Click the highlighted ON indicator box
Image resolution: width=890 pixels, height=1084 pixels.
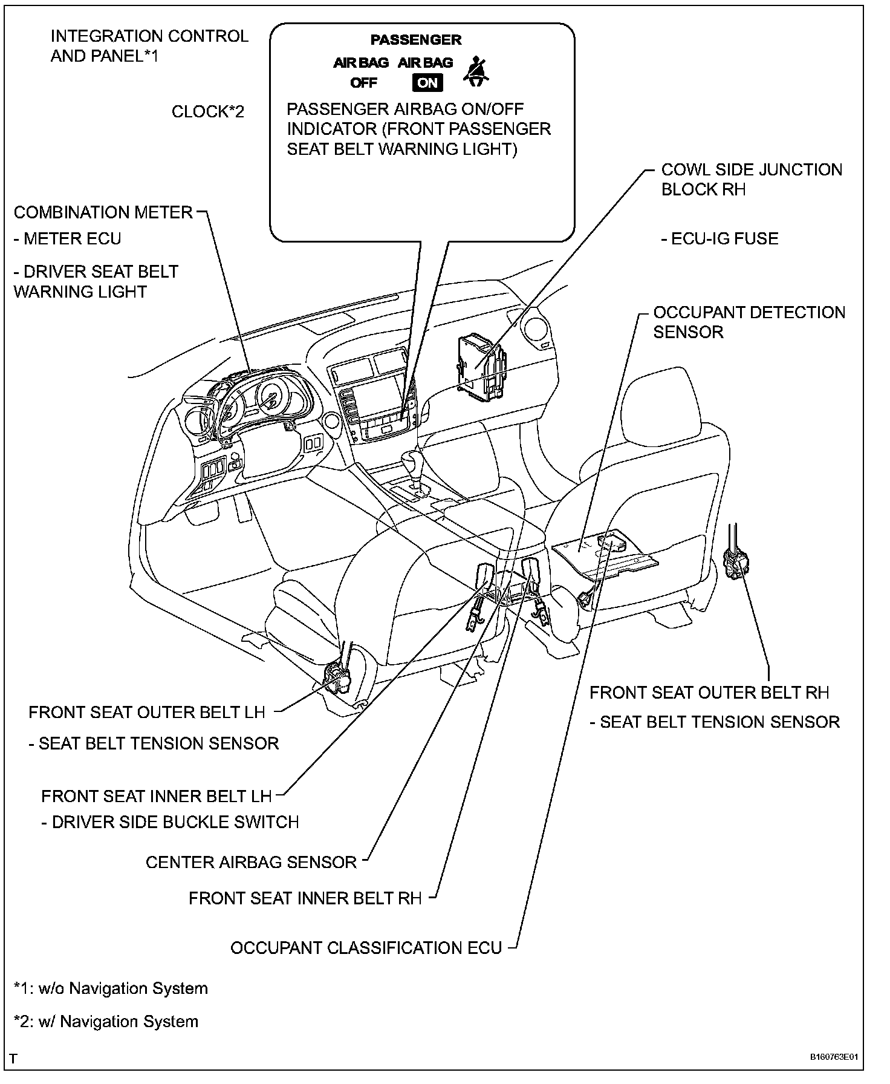coord(427,82)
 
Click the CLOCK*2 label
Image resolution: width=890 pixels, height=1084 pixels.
coord(208,112)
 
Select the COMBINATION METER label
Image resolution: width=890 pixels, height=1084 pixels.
coord(103,212)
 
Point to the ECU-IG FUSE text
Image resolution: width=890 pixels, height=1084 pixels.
coord(719,239)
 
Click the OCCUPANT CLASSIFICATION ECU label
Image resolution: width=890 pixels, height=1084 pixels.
coord(366,948)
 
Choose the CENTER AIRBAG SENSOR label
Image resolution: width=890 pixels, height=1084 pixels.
coord(251,862)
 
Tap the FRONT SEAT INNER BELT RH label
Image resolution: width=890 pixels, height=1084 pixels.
coord(305,898)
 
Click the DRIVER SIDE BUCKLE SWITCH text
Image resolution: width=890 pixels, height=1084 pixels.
coord(170,822)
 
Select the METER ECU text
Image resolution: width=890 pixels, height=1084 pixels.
coord(67,239)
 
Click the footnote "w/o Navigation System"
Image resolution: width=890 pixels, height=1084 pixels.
coord(111,988)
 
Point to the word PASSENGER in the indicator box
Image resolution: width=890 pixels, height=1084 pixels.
coord(415,40)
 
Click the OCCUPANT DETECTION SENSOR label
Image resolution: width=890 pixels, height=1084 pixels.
coord(749,322)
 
